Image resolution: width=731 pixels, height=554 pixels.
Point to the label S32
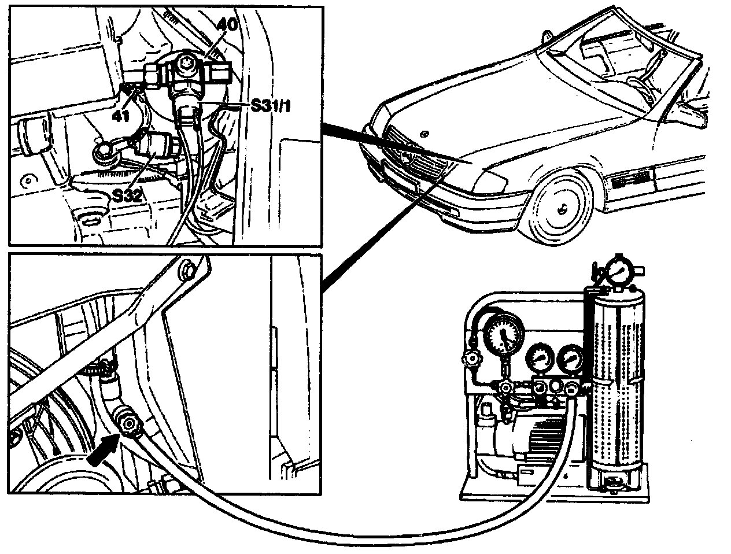point(127,195)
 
